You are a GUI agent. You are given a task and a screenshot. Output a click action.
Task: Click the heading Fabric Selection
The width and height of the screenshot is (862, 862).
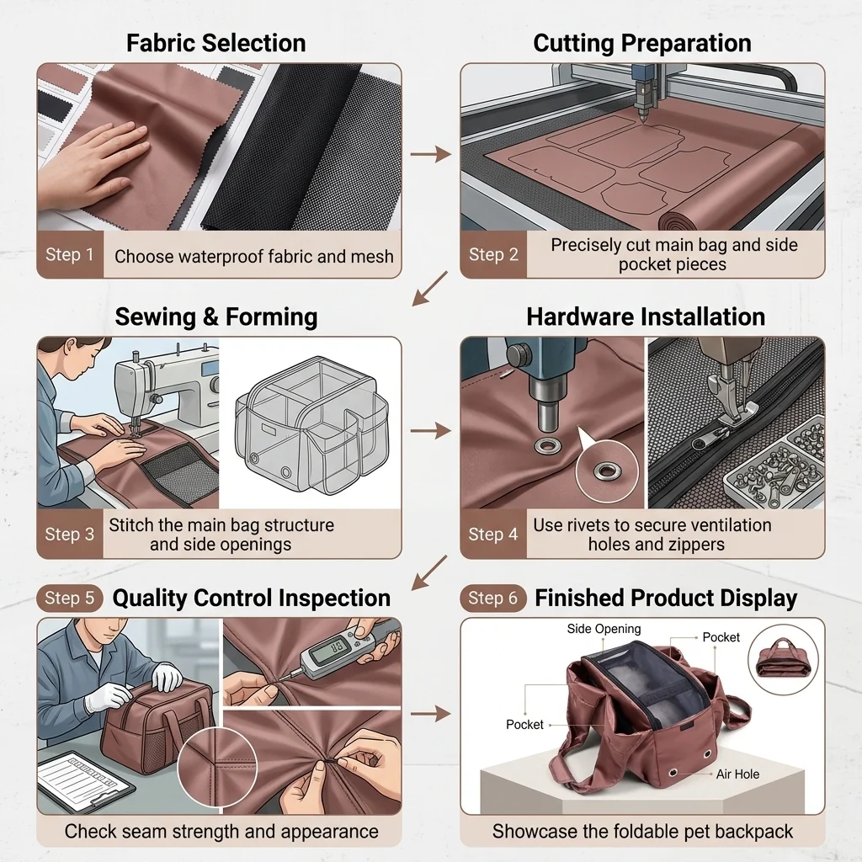click(216, 43)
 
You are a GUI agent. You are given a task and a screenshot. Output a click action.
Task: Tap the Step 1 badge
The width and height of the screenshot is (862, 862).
click(70, 254)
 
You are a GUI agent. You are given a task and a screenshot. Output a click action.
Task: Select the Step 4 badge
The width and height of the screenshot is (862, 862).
click(493, 534)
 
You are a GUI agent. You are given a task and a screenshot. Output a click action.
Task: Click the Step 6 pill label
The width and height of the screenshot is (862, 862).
click(493, 599)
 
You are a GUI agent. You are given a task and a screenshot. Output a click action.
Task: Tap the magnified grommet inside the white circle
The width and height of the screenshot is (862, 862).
click(607, 471)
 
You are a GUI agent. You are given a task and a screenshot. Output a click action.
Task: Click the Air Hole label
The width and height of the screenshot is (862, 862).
click(737, 774)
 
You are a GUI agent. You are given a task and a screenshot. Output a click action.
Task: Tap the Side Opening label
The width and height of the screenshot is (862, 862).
click(604, 629)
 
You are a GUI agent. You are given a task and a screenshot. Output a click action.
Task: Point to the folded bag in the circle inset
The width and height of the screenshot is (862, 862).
click(783, 659)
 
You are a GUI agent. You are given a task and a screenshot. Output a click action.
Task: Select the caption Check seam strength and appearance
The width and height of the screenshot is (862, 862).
click(221, 831)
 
